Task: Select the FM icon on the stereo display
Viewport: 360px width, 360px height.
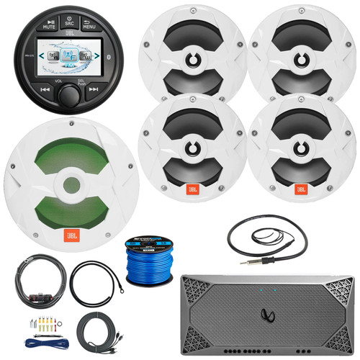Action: (69, 65)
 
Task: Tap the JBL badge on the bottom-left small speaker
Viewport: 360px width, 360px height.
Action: (194, 189)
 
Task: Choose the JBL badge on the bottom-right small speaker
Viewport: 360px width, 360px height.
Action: (302, 189)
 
